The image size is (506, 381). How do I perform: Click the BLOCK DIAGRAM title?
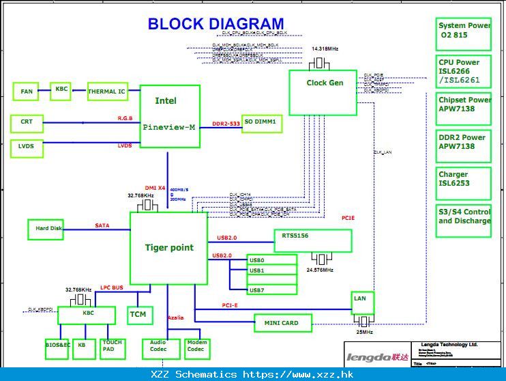click(215, 25)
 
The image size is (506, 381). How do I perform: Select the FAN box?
click(26, 91)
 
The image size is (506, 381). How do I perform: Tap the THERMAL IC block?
click(107, 91)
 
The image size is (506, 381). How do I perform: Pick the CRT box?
click(27, 123)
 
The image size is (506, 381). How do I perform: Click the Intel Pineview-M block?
click(170, 116)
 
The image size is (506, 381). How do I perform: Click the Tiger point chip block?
click(168, 248)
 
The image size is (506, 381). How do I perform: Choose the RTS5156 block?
click(313, 240)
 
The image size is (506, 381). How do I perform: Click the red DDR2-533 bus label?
click(226, 124)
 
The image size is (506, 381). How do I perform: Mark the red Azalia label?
click(175, 317)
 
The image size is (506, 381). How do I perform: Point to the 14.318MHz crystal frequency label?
click(325, 49)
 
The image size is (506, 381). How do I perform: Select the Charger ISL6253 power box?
click(464, 180)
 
